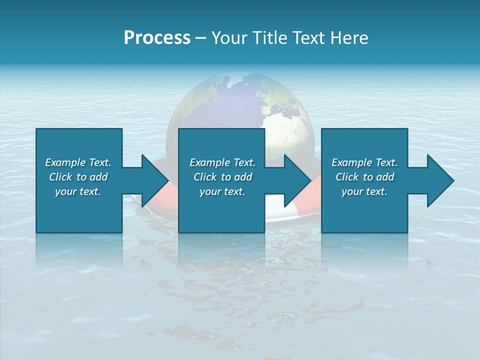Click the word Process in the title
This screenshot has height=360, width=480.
pos(157,38)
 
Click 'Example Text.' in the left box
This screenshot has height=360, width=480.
pos(78,162)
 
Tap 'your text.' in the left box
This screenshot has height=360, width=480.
pos(78,191)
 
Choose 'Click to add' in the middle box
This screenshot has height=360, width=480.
pos(222,177)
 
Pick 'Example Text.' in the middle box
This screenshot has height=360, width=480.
pos(222,162)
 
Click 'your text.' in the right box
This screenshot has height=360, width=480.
pos(364,191)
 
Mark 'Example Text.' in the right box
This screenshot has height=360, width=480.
pos(364,162)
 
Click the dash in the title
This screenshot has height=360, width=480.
pos(200,38)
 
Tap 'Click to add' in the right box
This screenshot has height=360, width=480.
pos(364,177)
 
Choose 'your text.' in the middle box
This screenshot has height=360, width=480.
pos(222,191)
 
